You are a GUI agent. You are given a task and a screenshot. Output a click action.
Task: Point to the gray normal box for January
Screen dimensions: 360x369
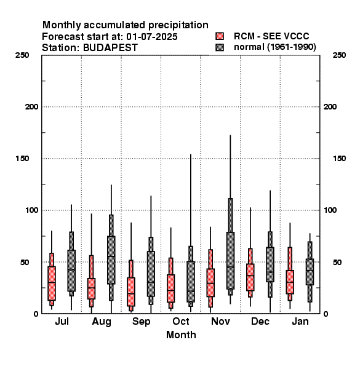(310, 272)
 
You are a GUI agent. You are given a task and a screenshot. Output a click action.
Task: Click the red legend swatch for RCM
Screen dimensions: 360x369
(220, 36)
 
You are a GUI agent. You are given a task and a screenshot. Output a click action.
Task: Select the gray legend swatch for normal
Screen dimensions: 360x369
(220, 47)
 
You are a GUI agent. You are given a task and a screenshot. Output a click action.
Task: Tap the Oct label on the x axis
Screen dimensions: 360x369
(181, 322)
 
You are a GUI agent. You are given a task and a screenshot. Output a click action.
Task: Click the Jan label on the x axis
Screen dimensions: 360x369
(300, 322)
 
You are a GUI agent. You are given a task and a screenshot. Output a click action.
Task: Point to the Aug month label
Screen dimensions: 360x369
(102, 322)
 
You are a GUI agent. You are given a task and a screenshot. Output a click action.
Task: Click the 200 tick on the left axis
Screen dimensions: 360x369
(31, 107)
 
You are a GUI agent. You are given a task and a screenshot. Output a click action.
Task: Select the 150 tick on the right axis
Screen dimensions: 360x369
(339, 159)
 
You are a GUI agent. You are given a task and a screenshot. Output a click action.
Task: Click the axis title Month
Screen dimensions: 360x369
(181, 335)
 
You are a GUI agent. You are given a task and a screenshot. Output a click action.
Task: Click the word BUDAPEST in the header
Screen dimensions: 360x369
(110, 48)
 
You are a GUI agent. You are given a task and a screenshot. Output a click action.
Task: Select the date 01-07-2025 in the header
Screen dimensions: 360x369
(152, 37)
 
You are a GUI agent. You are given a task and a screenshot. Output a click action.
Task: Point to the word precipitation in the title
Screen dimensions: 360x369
(178, 25)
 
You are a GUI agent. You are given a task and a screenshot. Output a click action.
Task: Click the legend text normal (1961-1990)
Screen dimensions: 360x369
(275, 47)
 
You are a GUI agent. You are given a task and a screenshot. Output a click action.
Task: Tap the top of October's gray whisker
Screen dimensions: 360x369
(191, 154)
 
